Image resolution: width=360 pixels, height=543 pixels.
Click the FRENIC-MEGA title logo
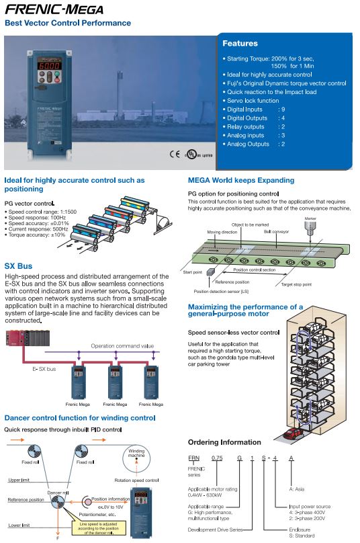point(54,9)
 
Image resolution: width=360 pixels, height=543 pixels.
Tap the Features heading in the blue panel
point(240,43)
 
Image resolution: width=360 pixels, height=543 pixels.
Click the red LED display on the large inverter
point(50,65)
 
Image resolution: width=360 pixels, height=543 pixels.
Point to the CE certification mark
point(175,154)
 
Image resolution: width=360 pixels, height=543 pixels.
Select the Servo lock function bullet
point(253,100)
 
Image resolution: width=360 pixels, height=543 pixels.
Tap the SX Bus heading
point(18,266)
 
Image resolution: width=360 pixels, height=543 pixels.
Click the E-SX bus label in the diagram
point(44,369)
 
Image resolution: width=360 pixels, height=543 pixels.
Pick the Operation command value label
point(122,345)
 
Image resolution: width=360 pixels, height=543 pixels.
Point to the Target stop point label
point(296,284)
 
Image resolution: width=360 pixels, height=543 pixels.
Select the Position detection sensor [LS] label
point(221,291)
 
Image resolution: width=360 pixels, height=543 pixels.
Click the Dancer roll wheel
point(58,501)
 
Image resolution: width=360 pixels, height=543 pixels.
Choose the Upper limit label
point(19,480)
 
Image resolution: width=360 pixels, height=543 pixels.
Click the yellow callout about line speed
point(98,528)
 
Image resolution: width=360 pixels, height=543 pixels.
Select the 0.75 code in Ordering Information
point(217,458)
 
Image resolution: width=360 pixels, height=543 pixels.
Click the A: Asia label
point(297,489)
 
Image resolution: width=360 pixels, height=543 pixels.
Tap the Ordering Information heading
point(224,442)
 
